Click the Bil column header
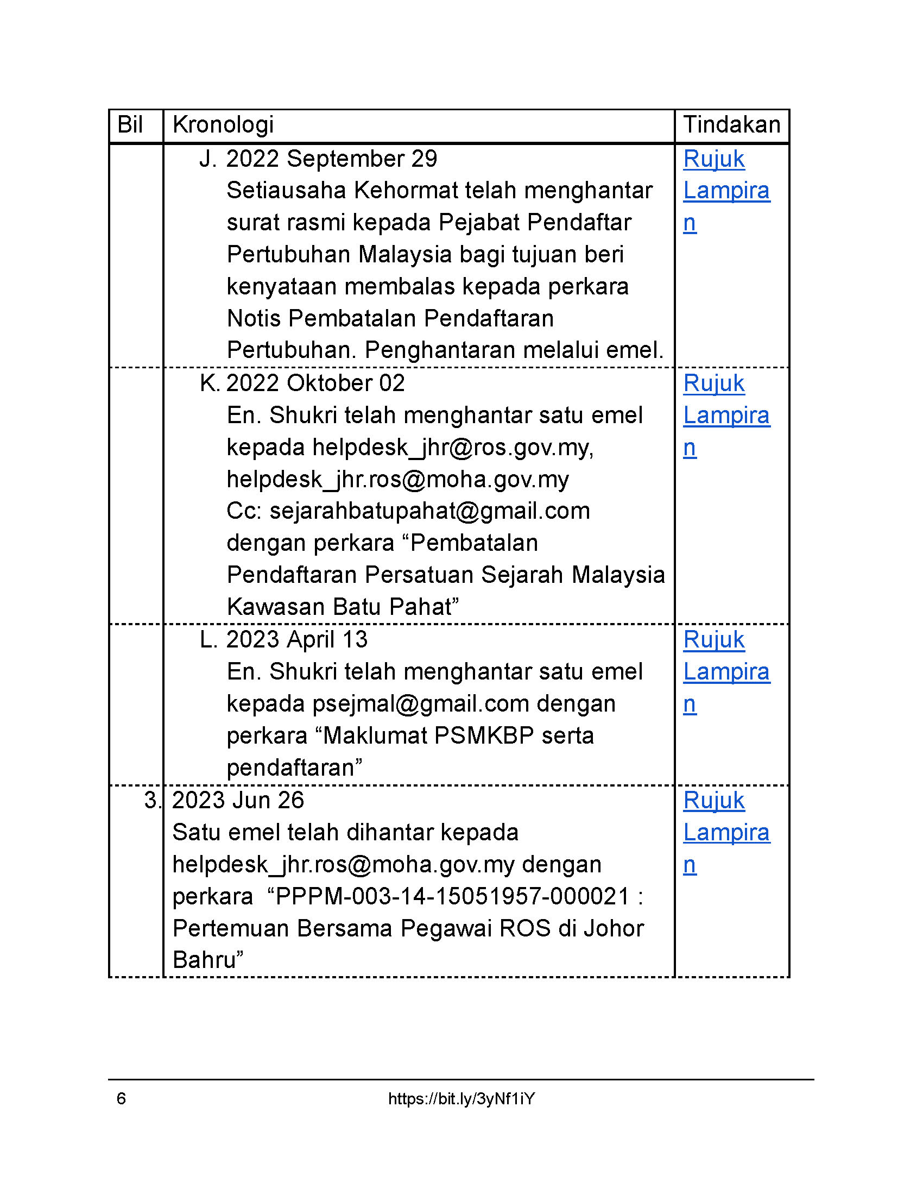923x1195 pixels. [130, 125]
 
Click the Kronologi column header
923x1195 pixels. [223, 125]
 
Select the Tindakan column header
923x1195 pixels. [732, 125]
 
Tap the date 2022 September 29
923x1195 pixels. [331, 159]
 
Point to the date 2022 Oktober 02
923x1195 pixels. [315, 383]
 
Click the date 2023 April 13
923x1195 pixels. [297, 640]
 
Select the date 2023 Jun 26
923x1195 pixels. [238, 801]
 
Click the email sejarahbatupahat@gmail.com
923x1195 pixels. [430, 511]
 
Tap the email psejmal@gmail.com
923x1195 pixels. [420, 704]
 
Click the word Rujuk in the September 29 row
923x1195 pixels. [713, 159]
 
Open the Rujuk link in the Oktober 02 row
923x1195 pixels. [713, 383]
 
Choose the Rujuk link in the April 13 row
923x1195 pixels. [713, 640]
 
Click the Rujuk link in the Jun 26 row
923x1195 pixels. [713, 801]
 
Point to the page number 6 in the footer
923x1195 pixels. [122, 1099]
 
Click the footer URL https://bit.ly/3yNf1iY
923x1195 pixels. [461, 1099]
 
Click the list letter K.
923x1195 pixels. [210, 383]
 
